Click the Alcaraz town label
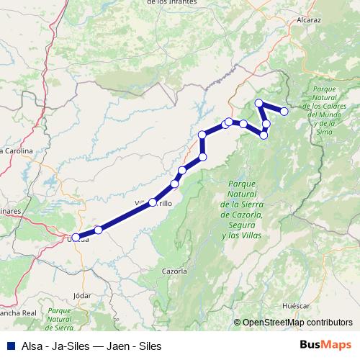click(308, 20)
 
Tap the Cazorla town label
click(175, 271)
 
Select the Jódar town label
click(83, 295)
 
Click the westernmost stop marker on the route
click(76, 237)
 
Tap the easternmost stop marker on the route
click(284, 111)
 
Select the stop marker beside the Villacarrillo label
click(153, 203)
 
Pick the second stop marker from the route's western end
click(98, 230)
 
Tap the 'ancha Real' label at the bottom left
click(18, 313)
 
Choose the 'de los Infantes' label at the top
click(171, 2)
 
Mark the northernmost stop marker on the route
click(259, 103)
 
